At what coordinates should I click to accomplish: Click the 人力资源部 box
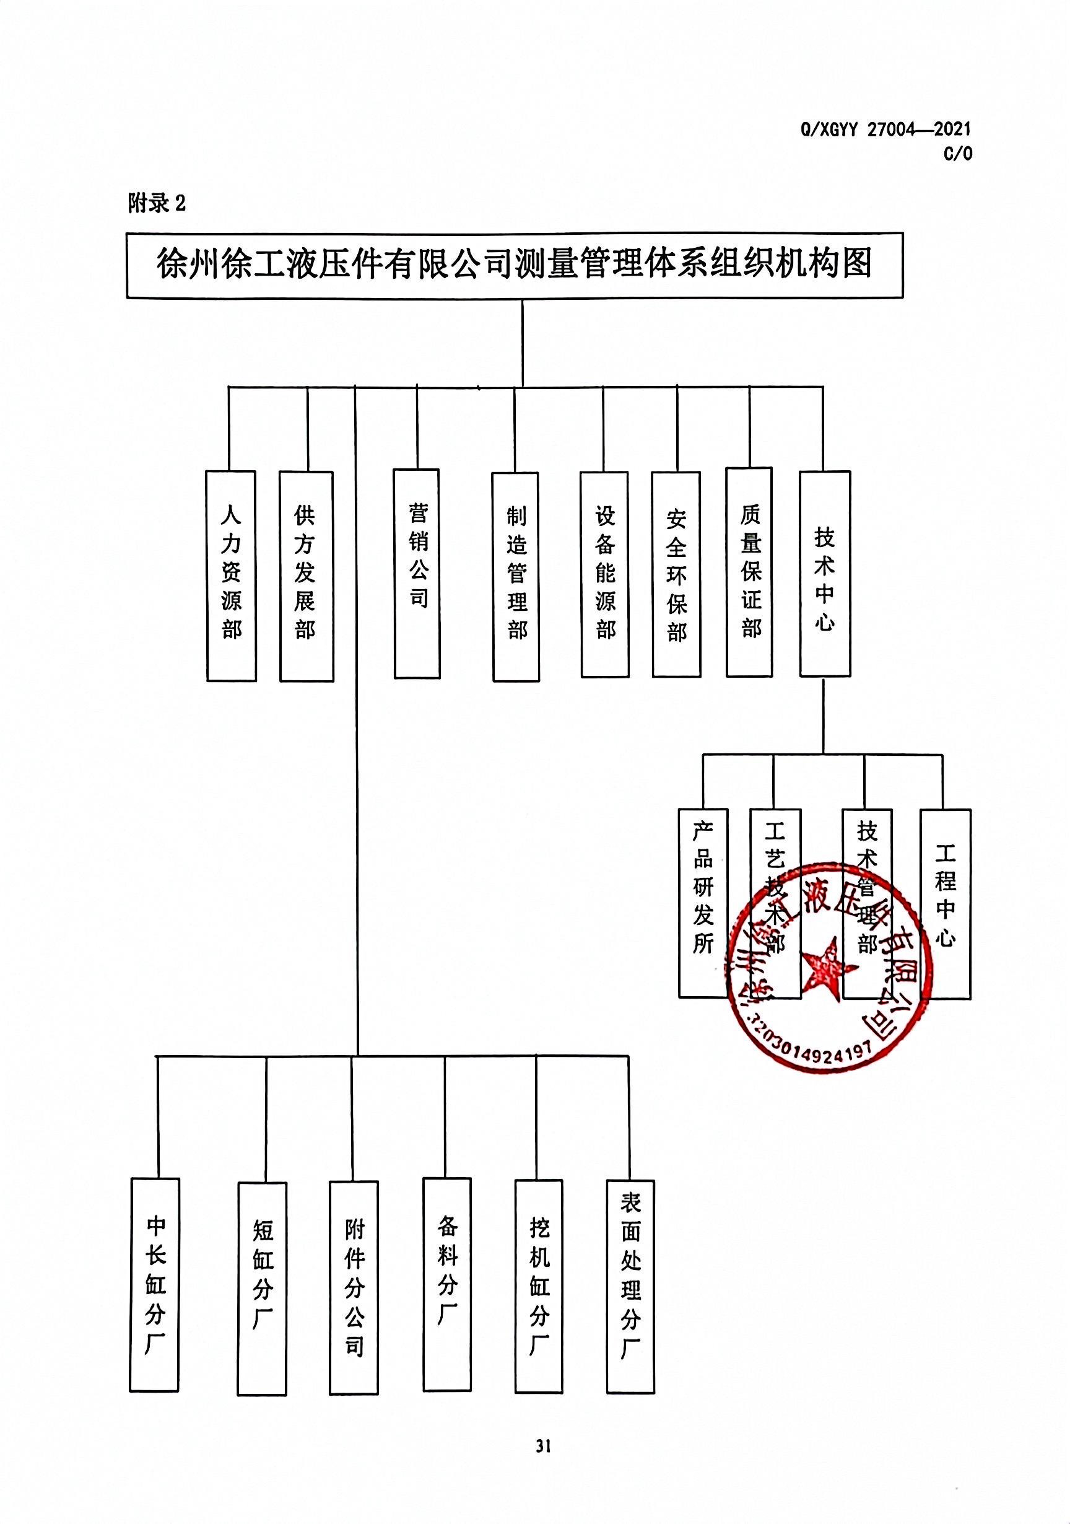[231, 576]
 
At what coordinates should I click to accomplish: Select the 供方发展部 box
[306, 576]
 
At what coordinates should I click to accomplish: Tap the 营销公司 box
[417, 574]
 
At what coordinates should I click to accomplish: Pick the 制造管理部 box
[515, 577]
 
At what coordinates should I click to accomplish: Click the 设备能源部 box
[604, 574]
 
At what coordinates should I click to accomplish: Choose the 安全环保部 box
[676, 574]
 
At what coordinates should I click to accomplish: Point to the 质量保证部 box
[749, 572]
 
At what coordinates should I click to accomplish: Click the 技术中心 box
[825, 574]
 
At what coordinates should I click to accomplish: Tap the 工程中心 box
[945, 903]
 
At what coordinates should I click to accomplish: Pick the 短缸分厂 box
[262, 1279]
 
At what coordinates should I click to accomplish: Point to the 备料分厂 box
[446, 1274]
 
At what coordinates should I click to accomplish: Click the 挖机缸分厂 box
[539, 1276]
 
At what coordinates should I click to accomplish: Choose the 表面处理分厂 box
[630, 1276]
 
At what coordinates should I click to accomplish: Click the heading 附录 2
[157, 203]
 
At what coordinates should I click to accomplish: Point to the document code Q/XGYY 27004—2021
[885, 129]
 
